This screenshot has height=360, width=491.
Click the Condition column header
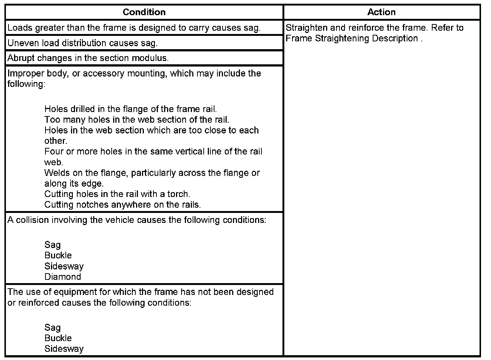tap(144, 12)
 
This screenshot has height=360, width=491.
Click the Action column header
tap(381, 12)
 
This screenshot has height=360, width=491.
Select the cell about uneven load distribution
tap(82, 43)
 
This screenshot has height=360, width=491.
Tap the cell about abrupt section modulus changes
tap(88, 58)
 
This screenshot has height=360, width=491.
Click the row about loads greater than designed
tap(134, 28)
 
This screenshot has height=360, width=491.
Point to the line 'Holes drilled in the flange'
tap(131, 109)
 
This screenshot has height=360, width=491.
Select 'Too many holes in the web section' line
tap(137, 119)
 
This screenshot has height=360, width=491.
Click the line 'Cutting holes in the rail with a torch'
tap(117, 194)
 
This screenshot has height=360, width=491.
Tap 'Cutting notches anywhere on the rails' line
tap(122, 205)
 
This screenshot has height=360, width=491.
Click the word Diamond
tap(62, 277)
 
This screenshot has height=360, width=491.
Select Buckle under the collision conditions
tap(58, 255)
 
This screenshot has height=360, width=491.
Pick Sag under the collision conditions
tap(53, 245)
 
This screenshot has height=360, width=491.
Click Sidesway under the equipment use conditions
tap(64, 349)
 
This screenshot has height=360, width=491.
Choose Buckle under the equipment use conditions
tap(58, 338)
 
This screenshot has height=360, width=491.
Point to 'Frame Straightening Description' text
tap(352, 38)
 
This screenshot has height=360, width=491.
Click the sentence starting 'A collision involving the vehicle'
tap(137, 220)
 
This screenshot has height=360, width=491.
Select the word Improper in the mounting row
tap(23, 73)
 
